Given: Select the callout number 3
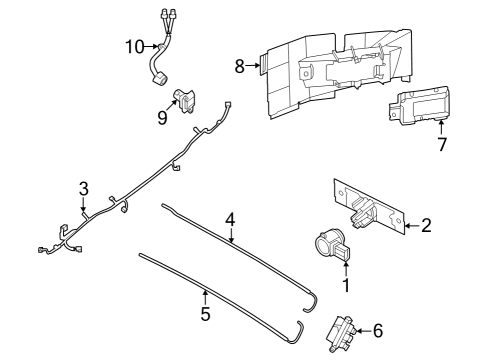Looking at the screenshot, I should [x=84, y=188].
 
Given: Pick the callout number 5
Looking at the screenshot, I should [x=205, y=313].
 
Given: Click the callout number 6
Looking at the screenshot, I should [x=377, y=329].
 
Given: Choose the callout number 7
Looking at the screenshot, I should [x=442, y=144].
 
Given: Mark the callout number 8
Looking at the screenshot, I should [x=239, y=67].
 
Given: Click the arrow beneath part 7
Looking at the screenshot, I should [x=442, y=127].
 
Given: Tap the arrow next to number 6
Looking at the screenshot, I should [x=362, y=329].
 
